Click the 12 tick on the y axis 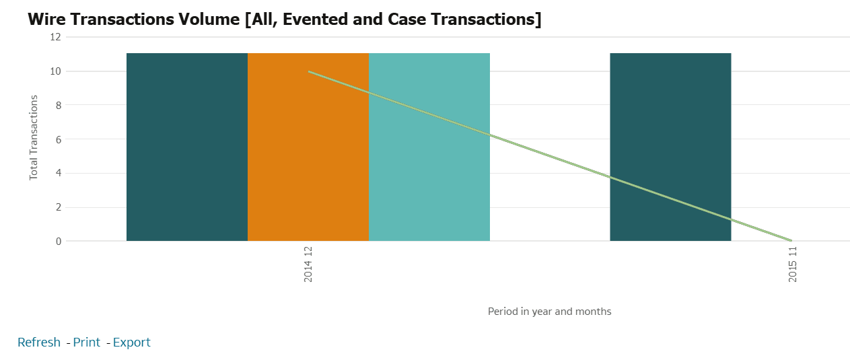pyautogui.click(x=55, y=37)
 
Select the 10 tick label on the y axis pyautogui.click(x=55, y=71)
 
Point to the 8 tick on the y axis pyautogui.click(x=58, y=105)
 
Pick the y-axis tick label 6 pyautogui.click(x=58, y=139)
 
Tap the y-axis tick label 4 pyautogui.click(x=58, y=173)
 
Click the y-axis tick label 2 pyautogui.click(x=58, y=207)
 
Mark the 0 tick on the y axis pyautogui.click(x=58, y=241)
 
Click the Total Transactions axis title pyautogui.click(x=34, y=137)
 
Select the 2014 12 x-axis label pyautogui.click(x=308, y=264)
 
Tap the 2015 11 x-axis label pyautogui.click(x=793, y=264)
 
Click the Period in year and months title pyautogui.click(x=549, y=312)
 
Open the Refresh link pyautogui.click(x=39, y=343)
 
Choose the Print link pyautogui.click(x=87, y=343)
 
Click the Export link pyautogui.click(x=132, y=343)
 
